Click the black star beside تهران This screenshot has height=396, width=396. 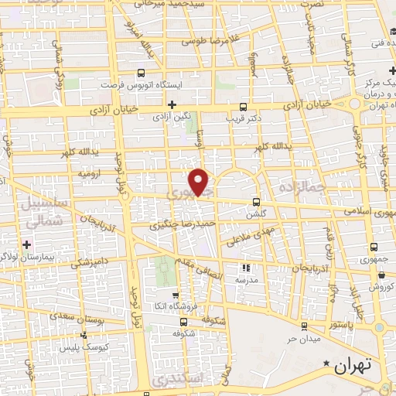click(x=327, y=364)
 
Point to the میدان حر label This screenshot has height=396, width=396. click(x=304, y=338)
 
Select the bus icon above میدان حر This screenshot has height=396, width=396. click(x=304, y=326)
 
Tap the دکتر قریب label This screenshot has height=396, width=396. click(x=243, y=119)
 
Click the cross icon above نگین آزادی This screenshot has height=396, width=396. click(x=172, y=104)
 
